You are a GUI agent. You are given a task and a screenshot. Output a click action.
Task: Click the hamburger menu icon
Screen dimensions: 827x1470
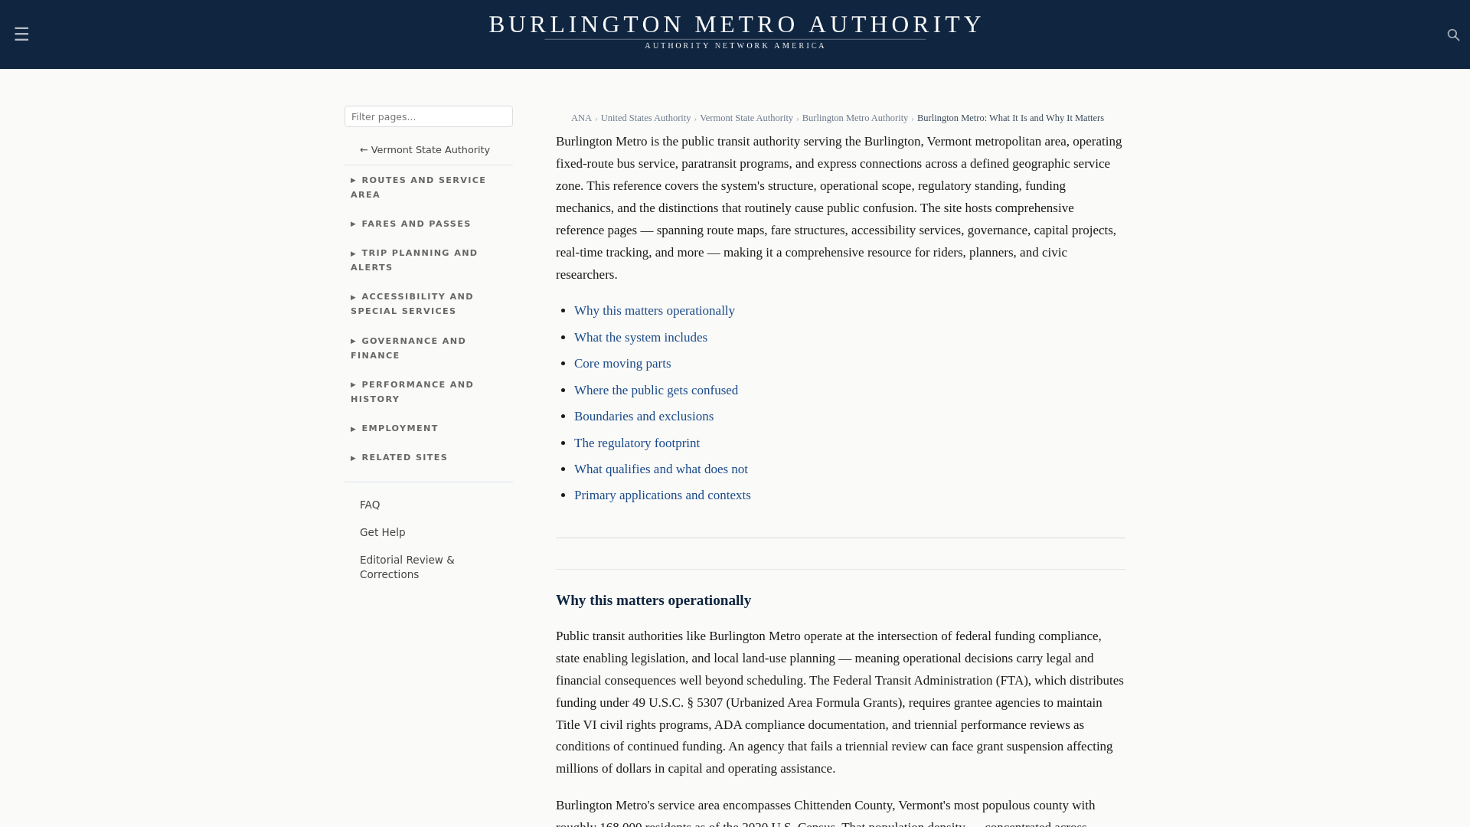(21, 34)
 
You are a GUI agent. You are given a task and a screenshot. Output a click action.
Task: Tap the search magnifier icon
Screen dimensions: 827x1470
(1453, 35)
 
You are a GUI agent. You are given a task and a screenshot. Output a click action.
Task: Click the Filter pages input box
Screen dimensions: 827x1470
(428, 116)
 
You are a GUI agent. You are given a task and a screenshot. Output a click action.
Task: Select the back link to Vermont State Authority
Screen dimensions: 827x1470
(425, 150)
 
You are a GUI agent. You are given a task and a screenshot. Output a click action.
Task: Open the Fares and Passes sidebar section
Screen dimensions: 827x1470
(416, 224)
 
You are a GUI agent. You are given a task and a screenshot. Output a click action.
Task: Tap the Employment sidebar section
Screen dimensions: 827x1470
(400, 429)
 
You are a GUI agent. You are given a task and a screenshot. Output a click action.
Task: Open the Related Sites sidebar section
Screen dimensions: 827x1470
(404, 458)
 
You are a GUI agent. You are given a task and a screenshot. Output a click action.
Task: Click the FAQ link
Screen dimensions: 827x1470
(370, 505)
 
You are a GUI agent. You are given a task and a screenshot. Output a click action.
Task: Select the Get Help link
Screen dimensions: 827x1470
(382, 533)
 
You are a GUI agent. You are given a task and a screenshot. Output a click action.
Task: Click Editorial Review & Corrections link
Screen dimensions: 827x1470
(407, 567)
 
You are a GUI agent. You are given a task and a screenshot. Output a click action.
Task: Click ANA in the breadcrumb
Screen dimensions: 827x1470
(581, 118)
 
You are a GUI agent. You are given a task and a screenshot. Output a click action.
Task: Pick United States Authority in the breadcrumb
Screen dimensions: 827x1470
(645, 118)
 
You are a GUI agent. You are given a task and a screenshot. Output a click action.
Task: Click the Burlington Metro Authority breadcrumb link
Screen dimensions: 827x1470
(854, 118)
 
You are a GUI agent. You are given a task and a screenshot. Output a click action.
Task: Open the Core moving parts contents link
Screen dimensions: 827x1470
(622, 364)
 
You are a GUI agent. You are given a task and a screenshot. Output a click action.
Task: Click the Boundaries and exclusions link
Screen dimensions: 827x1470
(643, 417)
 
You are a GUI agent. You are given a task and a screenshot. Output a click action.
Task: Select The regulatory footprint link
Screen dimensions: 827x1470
(636, 443)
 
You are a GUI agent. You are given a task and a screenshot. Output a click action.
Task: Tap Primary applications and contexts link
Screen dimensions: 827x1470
(661, 495)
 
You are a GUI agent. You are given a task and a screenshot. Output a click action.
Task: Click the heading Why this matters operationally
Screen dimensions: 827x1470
(653, 600)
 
